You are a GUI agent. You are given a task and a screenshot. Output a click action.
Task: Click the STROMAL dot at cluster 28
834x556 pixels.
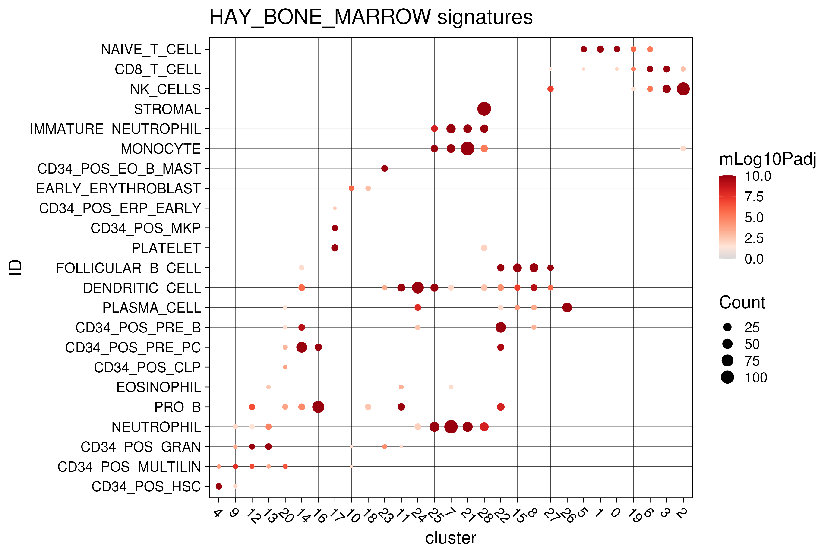coord(484,109)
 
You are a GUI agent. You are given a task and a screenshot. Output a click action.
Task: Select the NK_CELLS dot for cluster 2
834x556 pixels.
coord(683,89)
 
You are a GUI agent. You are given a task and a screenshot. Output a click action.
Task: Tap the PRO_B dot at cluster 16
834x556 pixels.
coord(318,407)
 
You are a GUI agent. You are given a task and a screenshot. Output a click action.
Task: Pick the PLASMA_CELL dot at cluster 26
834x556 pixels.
coord(567,307)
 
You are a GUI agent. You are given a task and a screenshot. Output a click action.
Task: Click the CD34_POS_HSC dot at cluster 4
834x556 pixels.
coord(219,486)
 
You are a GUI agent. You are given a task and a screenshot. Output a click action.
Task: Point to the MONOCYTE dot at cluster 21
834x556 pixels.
coord(467,148)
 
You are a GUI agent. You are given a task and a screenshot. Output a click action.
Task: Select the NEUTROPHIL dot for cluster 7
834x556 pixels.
coord(451,426)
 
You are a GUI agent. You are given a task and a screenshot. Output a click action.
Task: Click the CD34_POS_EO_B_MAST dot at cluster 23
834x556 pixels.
coord(384,168)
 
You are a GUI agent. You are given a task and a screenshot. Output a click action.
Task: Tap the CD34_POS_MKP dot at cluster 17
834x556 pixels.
coord(335,228)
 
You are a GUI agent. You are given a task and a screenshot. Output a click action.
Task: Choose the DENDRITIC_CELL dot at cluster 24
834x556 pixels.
coord(418,287)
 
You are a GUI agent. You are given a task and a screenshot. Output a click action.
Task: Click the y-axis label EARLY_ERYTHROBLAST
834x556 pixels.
coord(118,189)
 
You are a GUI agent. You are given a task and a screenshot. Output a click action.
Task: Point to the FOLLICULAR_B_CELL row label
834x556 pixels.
coord(128,268)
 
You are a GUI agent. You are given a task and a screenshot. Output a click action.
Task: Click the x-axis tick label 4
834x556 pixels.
coord(217,513)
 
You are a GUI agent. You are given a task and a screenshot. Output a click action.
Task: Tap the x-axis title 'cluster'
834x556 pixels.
coord(450,538)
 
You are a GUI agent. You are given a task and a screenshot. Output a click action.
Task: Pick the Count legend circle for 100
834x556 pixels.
coord(727,377)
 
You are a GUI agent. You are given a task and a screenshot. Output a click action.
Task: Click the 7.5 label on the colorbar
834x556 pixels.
coord(754,197)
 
